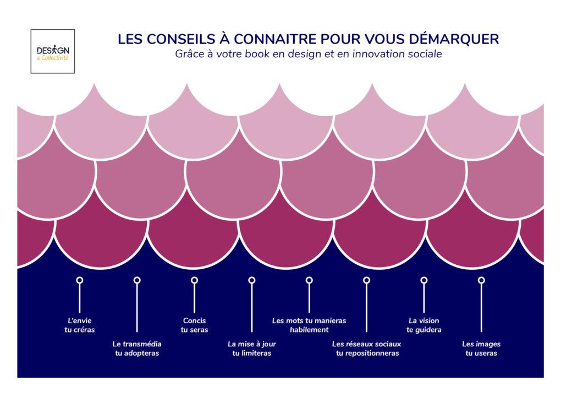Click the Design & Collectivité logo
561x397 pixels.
tap(53, 51)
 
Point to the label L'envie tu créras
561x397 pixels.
tap(80, 325)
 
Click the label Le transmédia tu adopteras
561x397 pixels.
tap(137, 348)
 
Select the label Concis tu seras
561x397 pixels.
tap(194, 325)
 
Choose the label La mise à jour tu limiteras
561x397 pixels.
tap(252, 348)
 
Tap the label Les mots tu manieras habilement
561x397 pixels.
tap(309, 325)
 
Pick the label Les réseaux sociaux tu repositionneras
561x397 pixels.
tap(367, 348)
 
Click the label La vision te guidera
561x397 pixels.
tap(424, 325)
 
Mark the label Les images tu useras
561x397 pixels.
tap(481, 348)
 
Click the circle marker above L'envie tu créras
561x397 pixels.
tap(80, 280)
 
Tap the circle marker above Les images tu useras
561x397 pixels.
tap(481, 280)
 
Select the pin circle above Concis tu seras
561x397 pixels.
tap(194, 280)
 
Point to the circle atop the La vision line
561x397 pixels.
tap(424, 280)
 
